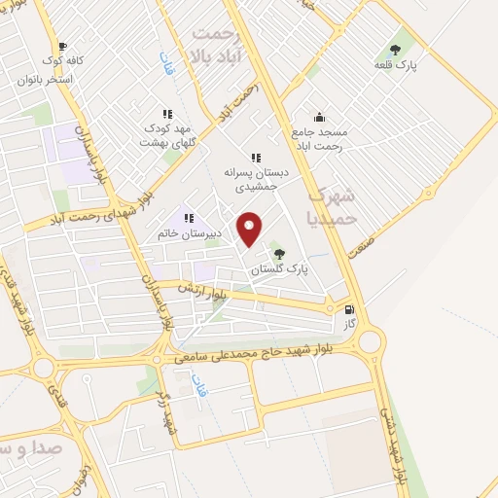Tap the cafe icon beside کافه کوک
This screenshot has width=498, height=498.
point(63,46)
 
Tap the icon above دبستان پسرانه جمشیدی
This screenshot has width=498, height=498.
point(256,157)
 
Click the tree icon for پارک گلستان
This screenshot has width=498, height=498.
point(281,253)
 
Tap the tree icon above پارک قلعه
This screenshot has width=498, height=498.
point(394,49)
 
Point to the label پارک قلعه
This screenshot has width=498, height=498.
point(395,65)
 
